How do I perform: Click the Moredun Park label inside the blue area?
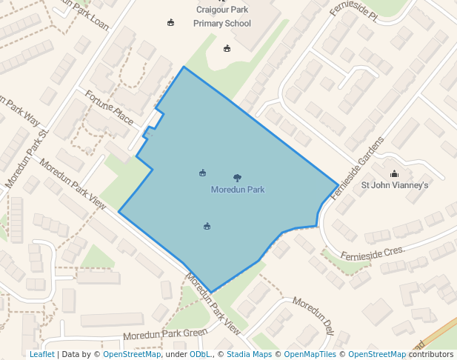[237, 190]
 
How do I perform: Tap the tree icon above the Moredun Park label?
[237, 178]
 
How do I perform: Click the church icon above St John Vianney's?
[394, 174]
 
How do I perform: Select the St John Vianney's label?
[394, 185]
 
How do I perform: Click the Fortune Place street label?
[109, 108]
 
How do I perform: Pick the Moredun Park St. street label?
[27, 159]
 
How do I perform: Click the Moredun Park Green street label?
[165, 335]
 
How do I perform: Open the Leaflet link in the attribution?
[41, 354]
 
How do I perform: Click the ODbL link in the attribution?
[200, 354]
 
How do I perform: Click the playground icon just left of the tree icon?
[202, 173]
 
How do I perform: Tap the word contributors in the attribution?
[431, 354]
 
